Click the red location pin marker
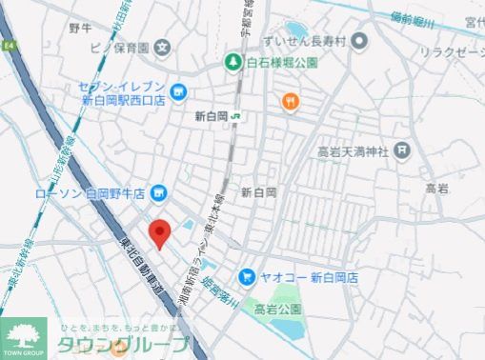point(161,231)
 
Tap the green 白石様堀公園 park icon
point(232,63)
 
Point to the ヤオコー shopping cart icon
point(247,277)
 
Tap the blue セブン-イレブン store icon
point(181,92)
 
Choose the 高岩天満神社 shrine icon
point(402,149)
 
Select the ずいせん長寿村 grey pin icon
point(359,41)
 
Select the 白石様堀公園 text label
point(276,63)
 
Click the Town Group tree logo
point(23,334)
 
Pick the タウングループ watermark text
point(123,344)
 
